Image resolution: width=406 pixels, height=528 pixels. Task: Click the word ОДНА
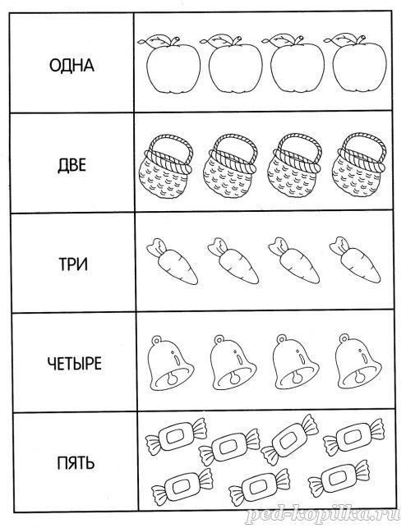coord(72,66)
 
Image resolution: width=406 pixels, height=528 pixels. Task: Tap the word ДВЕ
coord(72,165)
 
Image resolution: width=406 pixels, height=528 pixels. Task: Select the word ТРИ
coord(73,264)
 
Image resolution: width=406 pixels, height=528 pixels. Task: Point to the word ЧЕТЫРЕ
coord(75,364)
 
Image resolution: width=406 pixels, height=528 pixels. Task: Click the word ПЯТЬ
coord(76,463)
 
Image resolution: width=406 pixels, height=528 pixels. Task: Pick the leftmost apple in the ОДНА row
coord(169,64)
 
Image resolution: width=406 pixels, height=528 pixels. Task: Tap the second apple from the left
coord(232,63)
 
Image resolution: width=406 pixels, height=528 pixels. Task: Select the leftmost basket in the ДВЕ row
coord(166,167)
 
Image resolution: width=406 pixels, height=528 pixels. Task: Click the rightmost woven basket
coord(358,165)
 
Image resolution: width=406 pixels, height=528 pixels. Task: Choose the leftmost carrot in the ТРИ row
coord(173,261)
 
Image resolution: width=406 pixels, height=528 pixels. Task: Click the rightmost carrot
coord(356,259)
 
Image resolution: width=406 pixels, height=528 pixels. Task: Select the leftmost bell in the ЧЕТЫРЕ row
coord(170,364)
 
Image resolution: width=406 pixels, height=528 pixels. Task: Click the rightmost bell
coord(358,361)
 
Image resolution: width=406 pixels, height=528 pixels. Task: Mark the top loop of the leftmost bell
coord(157,340)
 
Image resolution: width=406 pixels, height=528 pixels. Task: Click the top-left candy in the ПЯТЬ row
coord(176,437)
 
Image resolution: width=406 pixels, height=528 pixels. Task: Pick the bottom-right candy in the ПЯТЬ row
coord(339,480)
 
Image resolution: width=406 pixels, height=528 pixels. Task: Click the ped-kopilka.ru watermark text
coord(323,515)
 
